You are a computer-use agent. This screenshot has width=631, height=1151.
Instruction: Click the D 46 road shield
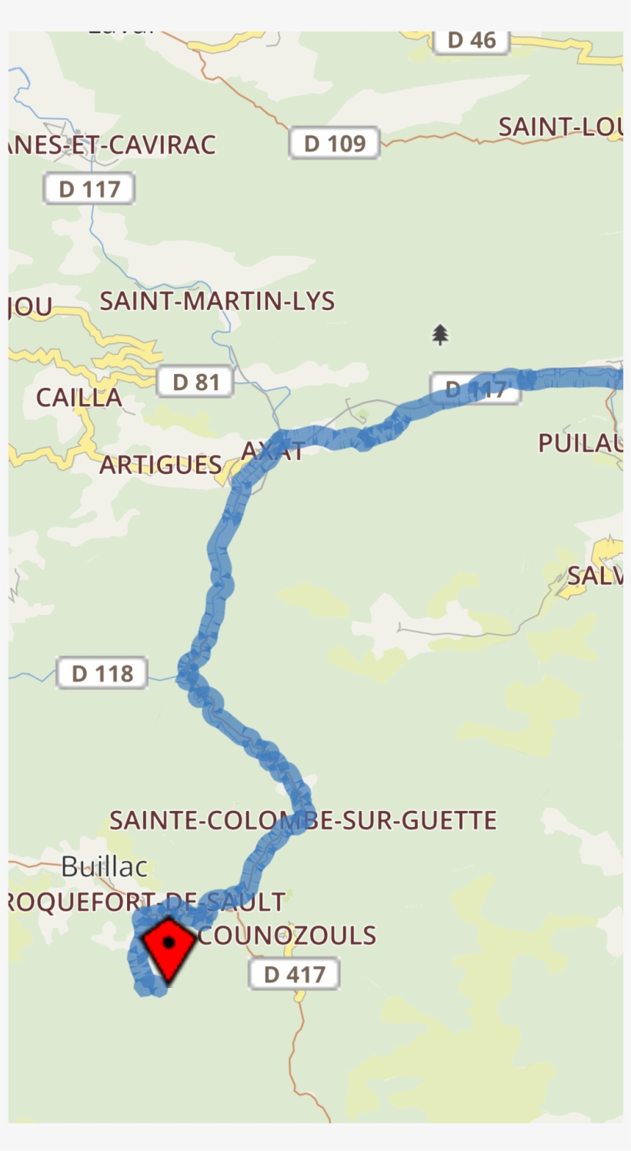click(472, 41)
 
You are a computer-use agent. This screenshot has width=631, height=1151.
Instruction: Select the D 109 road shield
click(334, 143)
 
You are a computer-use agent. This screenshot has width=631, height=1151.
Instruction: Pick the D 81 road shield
click(195, 382)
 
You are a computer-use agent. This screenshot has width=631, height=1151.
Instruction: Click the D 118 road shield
click(102, 673)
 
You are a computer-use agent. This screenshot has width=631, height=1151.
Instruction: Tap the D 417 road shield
click(293, 974)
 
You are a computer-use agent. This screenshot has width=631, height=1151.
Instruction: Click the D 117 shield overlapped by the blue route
click(475, 389)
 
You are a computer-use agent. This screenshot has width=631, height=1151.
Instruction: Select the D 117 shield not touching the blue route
click(89, 189)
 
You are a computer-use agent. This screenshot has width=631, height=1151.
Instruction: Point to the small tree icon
click(440, 335)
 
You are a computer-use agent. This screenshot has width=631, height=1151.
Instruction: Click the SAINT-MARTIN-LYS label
click(217, 301)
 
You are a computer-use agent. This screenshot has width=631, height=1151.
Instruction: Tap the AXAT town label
click(272, 452)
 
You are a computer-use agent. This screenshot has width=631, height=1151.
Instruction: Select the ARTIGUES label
click(161, 465)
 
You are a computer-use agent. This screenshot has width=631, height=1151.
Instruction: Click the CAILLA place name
click(78, 398)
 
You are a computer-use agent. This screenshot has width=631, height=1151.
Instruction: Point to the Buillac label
click(104, 866)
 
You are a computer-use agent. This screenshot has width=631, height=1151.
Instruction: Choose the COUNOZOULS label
click(286, 936)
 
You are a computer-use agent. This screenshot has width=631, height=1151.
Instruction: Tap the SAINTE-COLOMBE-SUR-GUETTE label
click(302, 820)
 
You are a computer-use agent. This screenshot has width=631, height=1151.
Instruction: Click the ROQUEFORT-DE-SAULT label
click(146, 901)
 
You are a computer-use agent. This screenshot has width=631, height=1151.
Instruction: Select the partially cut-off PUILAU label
click(580, 443)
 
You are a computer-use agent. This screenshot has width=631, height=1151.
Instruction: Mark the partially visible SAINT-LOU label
click(559, 127)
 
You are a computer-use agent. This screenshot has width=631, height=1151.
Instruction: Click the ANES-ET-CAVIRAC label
click(112, 145)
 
